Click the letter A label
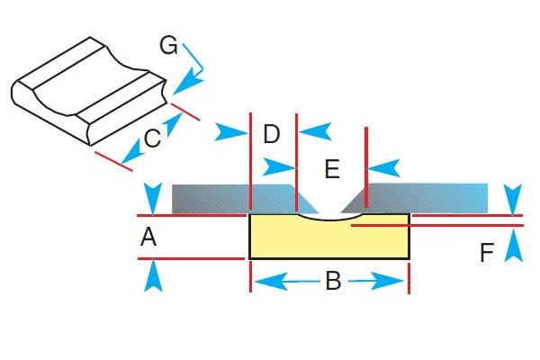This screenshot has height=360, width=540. point(149,238)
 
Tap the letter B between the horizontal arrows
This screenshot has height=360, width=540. point(332,283)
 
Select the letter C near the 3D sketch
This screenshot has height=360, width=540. point(152,139)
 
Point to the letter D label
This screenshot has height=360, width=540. point(272,135)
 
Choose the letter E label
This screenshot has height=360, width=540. point(331,168)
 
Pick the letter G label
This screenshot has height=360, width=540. point(168,44)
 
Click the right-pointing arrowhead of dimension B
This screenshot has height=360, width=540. point(397,283)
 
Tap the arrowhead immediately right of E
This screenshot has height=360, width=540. point(382,167)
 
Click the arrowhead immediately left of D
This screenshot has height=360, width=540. point(231,133)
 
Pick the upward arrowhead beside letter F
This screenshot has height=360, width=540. point(513,245)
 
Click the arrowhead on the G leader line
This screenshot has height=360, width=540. point(184,86)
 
